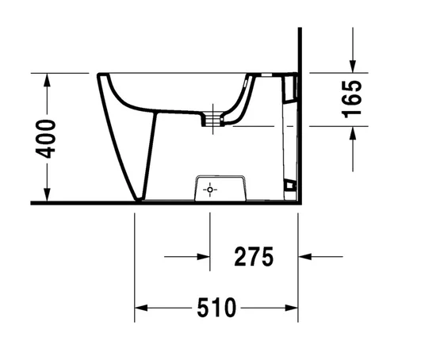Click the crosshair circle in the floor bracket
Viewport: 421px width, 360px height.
(x=209, y=190)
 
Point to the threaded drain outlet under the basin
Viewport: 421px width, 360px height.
(x=211, y=119)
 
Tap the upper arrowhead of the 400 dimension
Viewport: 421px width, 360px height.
(x=48, y=79)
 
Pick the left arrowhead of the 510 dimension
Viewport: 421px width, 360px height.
(x=140, y=307)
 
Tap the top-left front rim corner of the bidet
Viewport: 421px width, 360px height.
(x=98, y=75)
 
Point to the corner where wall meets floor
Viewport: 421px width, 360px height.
(x=298, y=202)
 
